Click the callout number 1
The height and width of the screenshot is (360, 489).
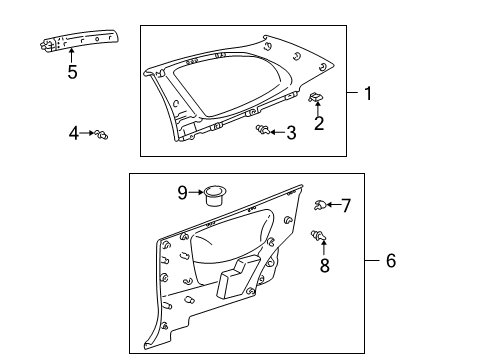tap(368, 94)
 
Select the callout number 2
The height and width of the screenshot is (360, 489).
tap(319, 123)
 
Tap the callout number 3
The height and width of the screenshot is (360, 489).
tap(291, 132)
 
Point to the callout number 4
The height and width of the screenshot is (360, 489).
tap(74, 132)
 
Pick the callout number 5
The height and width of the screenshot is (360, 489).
tap(71, 71)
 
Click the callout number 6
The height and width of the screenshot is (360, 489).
tap(391, 260)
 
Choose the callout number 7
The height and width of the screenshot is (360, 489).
tap(346, 206)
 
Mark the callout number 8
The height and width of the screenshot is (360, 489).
tap(323, 267)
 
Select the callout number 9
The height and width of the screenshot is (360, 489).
tap(183, 190)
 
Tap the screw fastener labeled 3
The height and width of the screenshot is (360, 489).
tap(263, 130)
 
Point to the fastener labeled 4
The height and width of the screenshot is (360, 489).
tap(103, 133)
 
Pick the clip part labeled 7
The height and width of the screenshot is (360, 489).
tap(318, 206)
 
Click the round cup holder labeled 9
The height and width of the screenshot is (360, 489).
tap(212, 192)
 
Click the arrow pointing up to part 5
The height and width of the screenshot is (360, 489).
tap(71, 54)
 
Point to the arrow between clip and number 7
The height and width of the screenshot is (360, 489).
tap(333, 206)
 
